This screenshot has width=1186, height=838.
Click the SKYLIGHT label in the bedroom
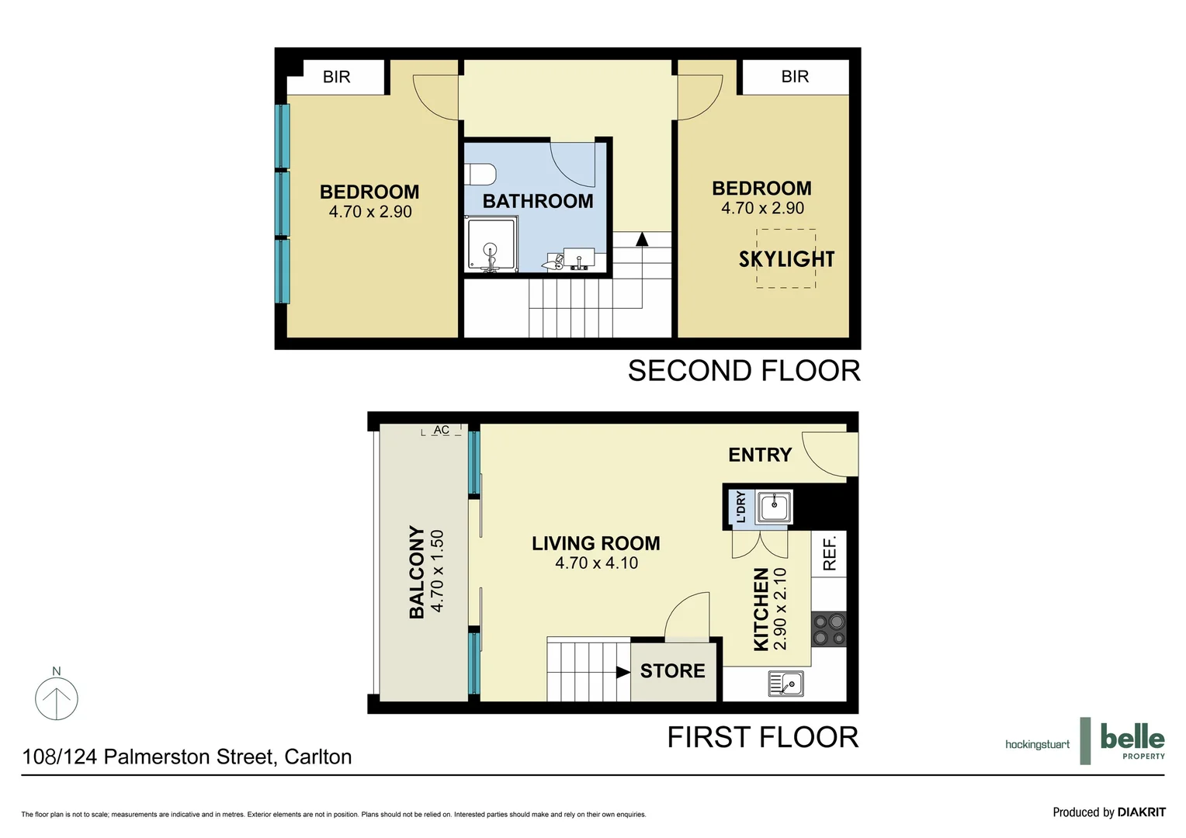[786, 259]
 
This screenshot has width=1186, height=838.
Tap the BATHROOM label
[538, 201]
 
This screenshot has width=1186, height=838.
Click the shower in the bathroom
[491, 245]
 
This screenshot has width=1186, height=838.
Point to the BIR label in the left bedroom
[337, 77]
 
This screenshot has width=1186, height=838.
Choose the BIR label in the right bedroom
[795, 77]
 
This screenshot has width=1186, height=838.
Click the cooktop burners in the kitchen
[829, 629]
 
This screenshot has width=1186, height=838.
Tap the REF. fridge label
[829, 553]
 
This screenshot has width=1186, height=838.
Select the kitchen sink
[785, 684]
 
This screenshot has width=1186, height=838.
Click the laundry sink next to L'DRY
[774, 507]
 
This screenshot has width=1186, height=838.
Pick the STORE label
[672, 671]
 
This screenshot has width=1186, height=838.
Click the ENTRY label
[760, 455]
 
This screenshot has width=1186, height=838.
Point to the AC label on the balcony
[441, 430]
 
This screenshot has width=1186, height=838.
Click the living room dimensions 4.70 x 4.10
[596, 563]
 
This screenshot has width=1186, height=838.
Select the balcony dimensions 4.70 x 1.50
[437, 570]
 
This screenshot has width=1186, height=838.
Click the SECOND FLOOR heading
[744, 371]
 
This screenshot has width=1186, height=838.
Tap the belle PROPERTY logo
[1132, 740]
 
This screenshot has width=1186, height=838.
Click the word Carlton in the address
[318, 757]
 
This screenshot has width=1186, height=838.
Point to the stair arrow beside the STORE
[622, 672]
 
